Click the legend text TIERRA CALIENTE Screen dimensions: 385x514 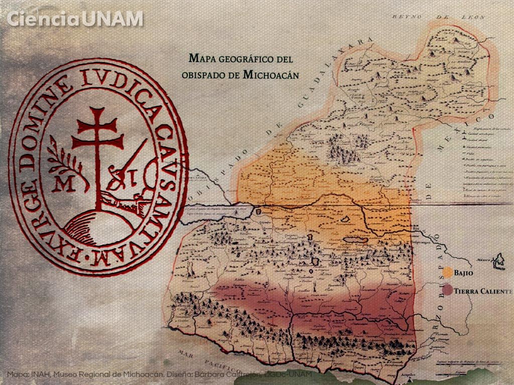click(x=483, y=291)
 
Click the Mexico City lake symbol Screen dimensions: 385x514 click(x=498, y=260)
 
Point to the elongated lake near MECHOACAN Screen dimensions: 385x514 click(x=355, y=240)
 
